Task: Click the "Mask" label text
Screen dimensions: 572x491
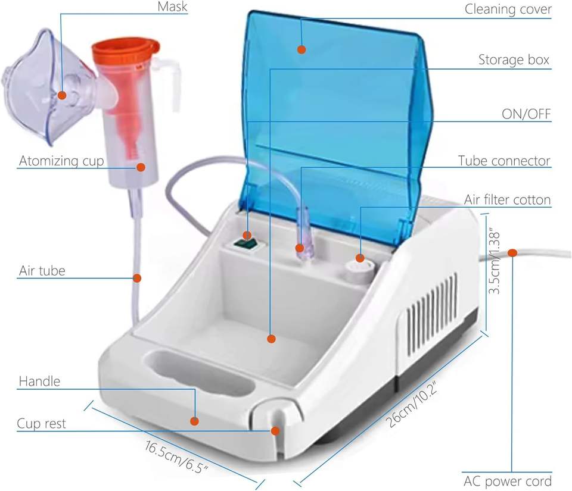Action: click(x=172, y=7)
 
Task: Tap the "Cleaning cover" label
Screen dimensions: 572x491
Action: click(x=508, y=10)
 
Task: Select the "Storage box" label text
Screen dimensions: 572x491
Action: click(x=514, y=60)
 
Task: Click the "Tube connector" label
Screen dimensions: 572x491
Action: click(x=504, y=161)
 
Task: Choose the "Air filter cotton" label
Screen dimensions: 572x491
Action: click(x=507, y=200)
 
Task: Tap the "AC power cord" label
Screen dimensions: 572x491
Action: click(x=507, y=480)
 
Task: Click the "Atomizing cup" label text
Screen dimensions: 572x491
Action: click(x=61, y=161)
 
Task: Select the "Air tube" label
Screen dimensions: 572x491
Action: click(x=42, y=271)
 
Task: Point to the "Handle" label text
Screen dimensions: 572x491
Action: click(x=39, y=381)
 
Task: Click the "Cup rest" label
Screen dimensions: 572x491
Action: click(x=41, y=424)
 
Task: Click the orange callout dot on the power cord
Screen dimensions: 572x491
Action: click(x=512, y=252)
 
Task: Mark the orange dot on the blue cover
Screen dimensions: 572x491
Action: click(x=302, y=49)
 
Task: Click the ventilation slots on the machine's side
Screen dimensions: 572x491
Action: click(x=432, y=321)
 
